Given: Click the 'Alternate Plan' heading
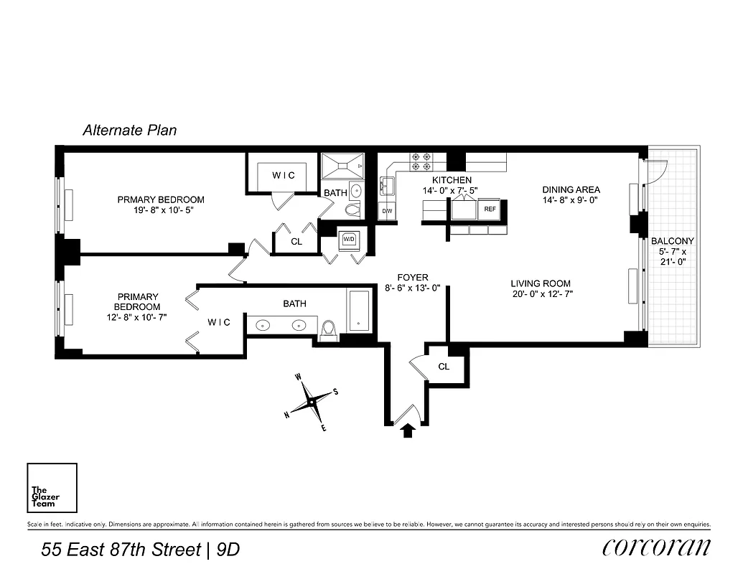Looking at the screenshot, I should pos(129,131).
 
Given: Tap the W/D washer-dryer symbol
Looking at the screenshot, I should pos(350,239).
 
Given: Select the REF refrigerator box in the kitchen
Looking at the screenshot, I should pos(490,210).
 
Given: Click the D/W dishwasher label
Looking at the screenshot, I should pos(387,211).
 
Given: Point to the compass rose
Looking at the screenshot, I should pos(310,402).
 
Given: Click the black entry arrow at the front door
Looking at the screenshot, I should pos(408,430).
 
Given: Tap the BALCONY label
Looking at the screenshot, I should pos(673,241).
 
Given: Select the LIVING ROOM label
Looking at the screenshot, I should pos(541,283).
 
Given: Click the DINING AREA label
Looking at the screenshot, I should pos(571,189).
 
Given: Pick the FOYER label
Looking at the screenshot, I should pos(412,278).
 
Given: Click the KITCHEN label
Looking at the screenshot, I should pos(452,180).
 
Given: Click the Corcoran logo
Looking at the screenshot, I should pos(656,547).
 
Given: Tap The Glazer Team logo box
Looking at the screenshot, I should pos(52,489).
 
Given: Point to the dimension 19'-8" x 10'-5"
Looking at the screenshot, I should pos(161,211).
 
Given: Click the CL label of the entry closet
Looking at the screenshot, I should pos(444,367).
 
